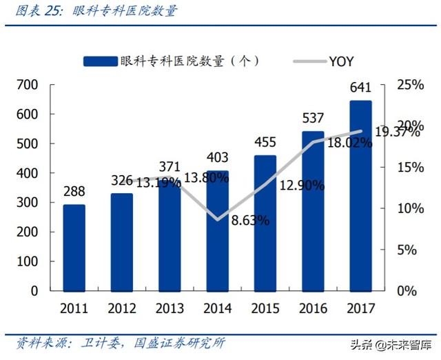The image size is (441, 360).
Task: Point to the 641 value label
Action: pyautogui.click(x=360, y=88)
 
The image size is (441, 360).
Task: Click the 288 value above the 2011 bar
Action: pyautogui.click(x=74, y=190)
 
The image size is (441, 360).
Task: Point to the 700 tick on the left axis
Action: pyautogui.click(x=28, y=86)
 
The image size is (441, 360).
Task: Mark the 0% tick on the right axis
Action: pyautogui.click(x=406, y=290)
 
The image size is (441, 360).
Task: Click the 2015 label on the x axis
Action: pyautogui.click(x=265, y=308)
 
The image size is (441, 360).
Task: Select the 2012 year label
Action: pyautogui.click(x=121, y=308)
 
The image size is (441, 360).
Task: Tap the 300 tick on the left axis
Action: pyautogui.click(x=28, y=203)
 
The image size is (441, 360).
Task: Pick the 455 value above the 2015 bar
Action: pyautogui.click(x=265, y=143)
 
